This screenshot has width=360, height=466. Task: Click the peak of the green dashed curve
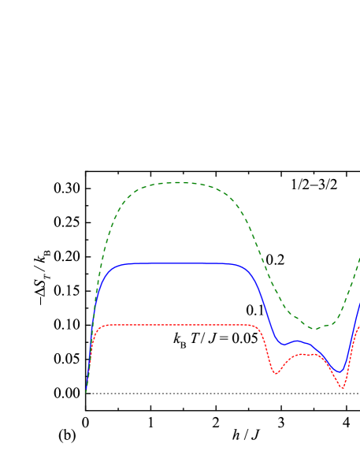(176, 182)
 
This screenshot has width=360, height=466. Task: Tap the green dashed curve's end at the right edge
(359, 258)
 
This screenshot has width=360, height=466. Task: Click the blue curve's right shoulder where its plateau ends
(244, 267)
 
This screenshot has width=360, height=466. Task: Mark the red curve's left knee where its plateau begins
(100, 328)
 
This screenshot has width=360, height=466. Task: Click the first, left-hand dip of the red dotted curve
(275, 373)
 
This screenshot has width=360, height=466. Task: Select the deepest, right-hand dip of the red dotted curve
(343, 388)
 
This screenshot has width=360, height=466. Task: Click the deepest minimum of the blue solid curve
(340, 371)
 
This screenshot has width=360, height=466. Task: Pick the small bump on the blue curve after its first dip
(296, 341)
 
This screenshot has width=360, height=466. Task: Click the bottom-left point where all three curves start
(86, 392)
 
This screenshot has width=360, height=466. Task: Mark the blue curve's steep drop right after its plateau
(265, 308)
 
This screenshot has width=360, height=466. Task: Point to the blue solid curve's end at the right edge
(359, 304)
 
